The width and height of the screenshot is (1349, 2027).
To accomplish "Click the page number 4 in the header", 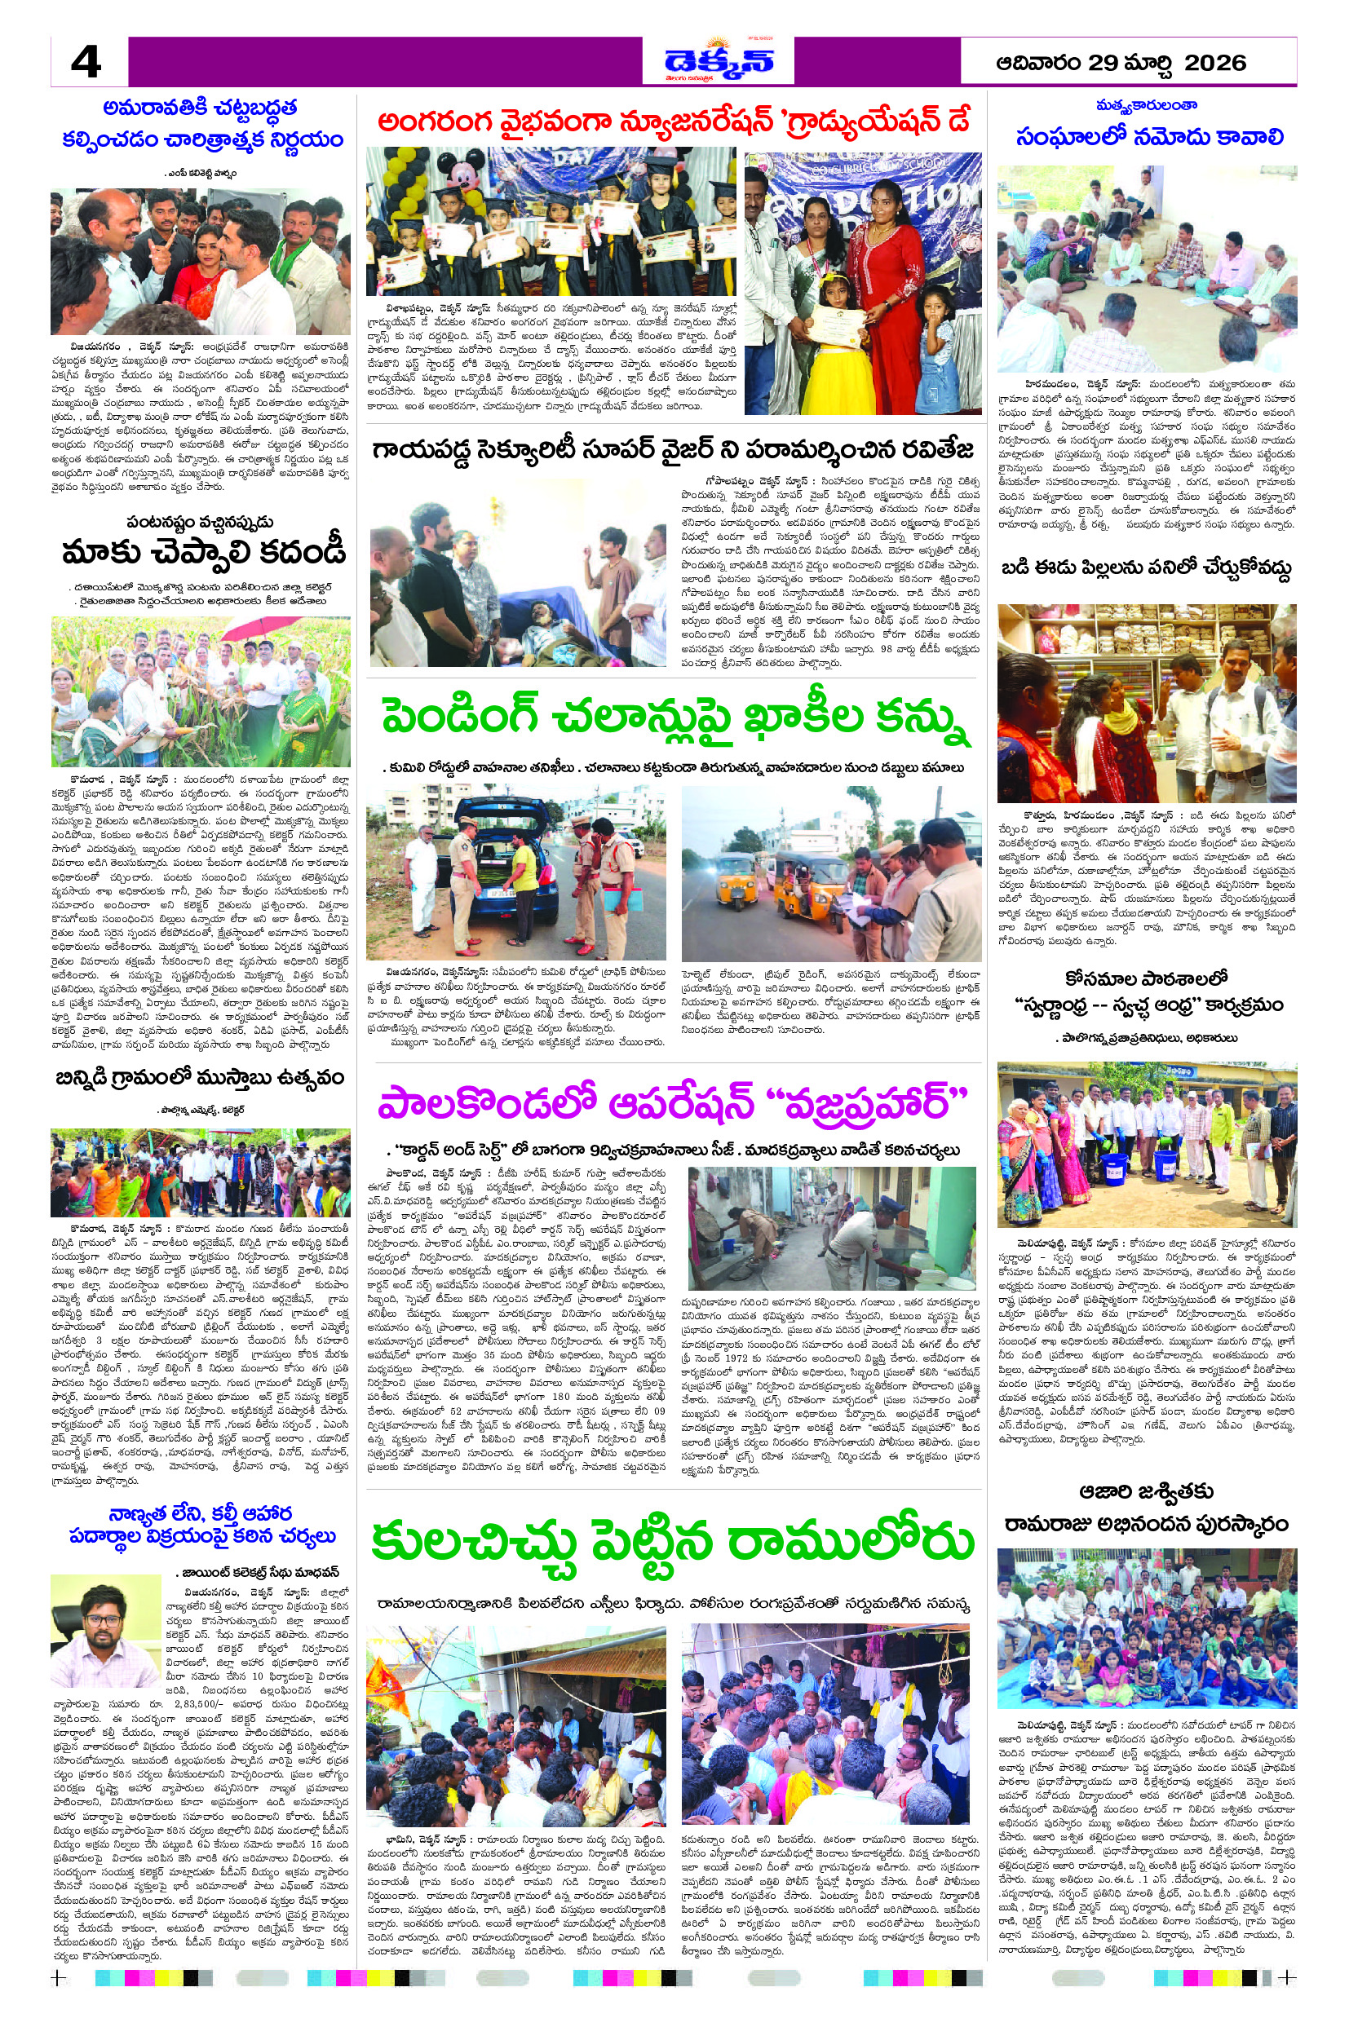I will pos(86,62).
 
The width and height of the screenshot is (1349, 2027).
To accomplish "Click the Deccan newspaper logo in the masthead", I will pos(719,61).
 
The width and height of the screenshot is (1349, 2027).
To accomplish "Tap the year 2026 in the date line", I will pos(1214,63).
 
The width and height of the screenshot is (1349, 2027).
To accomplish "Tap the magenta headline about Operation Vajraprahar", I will pos(673,1104).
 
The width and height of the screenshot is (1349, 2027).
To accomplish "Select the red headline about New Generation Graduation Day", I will pos(674,122).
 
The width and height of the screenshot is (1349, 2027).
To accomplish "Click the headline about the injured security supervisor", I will pos(673,450).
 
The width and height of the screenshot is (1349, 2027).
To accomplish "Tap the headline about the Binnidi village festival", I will pos(200,1078).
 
